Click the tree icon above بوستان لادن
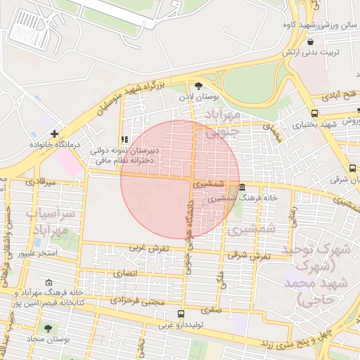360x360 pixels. [199, 84]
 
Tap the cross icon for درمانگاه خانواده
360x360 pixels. [54, 133]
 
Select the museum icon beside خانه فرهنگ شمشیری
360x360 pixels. [242, 187]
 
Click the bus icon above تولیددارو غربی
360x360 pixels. [181, 314]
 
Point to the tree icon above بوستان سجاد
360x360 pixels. [48, 328]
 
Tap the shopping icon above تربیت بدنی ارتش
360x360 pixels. [310, 41]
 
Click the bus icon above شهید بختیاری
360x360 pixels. [313, 113]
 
